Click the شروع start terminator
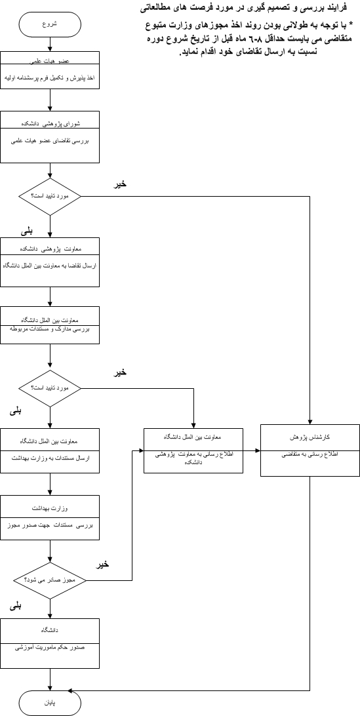click(x=50, y=25)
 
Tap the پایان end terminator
click(x=50, y=703)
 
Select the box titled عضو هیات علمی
click(x=50, y=70)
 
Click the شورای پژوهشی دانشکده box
click(x=50, y=137)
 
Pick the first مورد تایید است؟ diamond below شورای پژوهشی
click(x=50, y=196)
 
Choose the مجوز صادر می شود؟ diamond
click(x=50, y=580)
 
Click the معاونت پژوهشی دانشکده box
click(x=50, y=262)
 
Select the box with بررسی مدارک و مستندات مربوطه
click(x=50, y=325)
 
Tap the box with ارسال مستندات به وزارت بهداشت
click(x=50, y=450)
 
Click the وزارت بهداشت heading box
click(x=50, y=518)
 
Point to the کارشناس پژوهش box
click(x=310, y=450)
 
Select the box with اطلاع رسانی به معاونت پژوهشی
click(x=193, y=450)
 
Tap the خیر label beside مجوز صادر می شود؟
click(x=103, y=565)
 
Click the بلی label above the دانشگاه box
click(x=16, y=607)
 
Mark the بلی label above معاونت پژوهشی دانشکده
click(x=26, y=231)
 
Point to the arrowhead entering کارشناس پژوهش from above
click(x=310, y=422)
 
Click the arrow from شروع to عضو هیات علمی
click(x=50, y=45)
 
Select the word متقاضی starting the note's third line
click(x=336, y=40)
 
